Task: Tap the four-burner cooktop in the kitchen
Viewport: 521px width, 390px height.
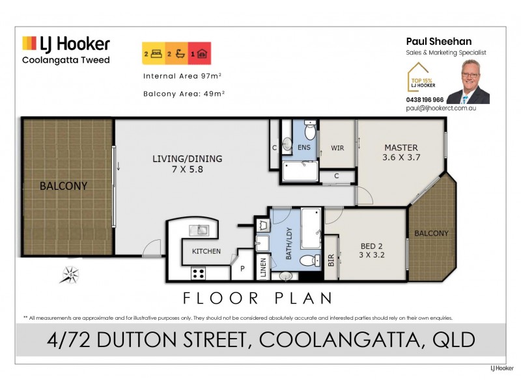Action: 198,273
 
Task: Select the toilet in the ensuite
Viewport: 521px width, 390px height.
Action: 310,132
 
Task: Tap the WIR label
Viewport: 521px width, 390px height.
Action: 337,148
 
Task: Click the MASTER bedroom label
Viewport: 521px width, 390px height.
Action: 401,148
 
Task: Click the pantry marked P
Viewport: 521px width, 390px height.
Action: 242,268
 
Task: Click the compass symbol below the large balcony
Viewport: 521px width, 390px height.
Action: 70,274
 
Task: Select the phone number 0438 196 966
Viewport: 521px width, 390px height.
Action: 424,99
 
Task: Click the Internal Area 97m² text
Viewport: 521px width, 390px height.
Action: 182,76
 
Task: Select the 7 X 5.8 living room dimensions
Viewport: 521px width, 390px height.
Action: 187,169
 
